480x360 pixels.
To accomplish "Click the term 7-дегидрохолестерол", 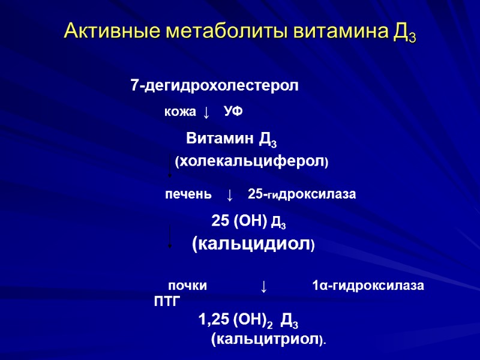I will point(214,86).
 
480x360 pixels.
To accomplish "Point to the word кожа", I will point(180,112).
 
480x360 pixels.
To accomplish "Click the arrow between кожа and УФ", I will point(206,112).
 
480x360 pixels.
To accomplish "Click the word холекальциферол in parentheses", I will point(251,161).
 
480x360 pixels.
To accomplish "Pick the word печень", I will point(188,194).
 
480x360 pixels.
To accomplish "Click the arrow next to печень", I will point(229,195).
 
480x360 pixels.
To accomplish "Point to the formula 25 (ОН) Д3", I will point(248,222).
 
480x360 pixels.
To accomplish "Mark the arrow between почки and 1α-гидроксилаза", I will point(263,286).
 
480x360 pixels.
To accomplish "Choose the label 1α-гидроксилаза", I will point(368,286).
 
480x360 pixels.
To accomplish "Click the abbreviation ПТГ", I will point(167,301).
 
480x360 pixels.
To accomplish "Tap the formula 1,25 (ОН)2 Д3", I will point(248,321).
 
